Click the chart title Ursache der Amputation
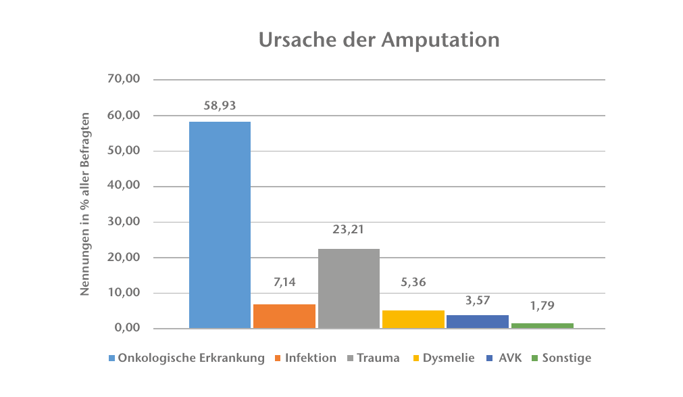coord(379,39)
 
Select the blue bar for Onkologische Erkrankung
coord(220,225)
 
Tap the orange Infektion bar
coord(284,317)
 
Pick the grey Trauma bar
coord(349,289)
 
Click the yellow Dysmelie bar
coord(413,319)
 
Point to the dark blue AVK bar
coord(477,322)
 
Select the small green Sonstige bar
coord(542,325)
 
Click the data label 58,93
coord(220,106)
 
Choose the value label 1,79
coord(542,306)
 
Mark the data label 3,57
coord(477,300)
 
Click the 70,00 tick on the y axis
coord(124,79)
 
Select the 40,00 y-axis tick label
coord(124,186)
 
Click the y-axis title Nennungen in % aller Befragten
coord(85,204)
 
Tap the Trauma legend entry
coord(378,358)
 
